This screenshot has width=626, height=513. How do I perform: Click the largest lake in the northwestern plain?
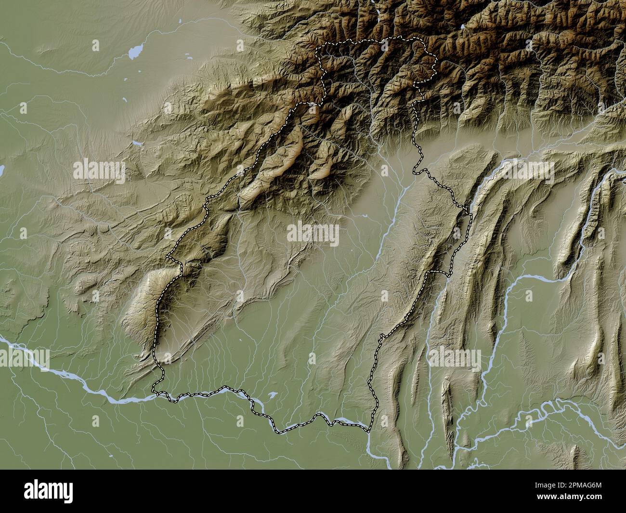pyautogui.click(x=136, y=51)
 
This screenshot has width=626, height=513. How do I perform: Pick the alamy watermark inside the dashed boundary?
pyautogui.click(x=313, y=235)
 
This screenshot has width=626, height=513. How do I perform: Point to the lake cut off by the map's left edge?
pyautogui.click(x=1, y=170)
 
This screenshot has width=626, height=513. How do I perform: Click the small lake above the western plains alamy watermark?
pyautogui.click(x=138, y=143)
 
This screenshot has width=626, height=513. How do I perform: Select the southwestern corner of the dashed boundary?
pyautogui.click(x=154, y=389)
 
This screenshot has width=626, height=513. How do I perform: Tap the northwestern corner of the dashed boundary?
pyautogui.click(x=316, y=48)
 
